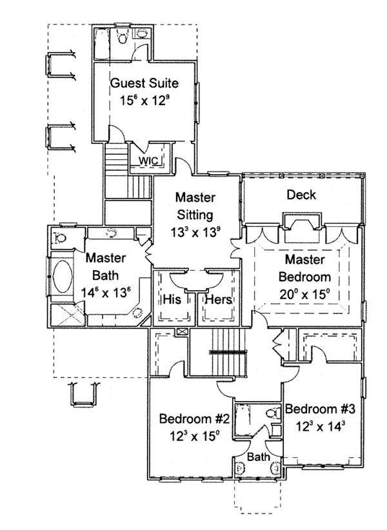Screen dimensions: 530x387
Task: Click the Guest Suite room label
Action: (144, 83)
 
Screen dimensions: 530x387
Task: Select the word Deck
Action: (301, 195)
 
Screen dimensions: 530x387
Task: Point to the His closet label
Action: (171, 300)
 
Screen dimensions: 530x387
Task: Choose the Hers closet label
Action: (218, 300)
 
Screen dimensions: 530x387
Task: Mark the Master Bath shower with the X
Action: (65, 315)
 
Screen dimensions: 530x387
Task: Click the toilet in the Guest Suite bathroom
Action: (123, 37)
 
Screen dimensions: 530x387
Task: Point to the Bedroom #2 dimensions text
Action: (190, 435)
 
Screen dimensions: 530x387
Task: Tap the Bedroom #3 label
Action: (320, 409)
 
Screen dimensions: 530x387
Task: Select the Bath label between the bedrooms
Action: (259, 456)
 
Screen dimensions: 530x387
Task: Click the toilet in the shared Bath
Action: (271, 413)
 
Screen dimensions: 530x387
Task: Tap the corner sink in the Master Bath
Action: (137, 313)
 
